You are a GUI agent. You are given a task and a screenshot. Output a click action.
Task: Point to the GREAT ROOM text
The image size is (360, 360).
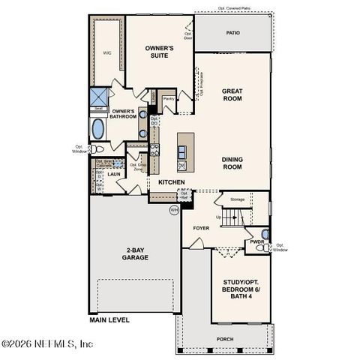click(x=232, y=94)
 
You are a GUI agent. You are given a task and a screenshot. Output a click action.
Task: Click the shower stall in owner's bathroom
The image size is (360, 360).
click(x=99, y=98)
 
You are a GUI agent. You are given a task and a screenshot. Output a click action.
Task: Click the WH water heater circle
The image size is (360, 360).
click(x=174, y=209)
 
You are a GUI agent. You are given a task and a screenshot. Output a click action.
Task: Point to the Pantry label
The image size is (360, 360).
click(x=169, y=97)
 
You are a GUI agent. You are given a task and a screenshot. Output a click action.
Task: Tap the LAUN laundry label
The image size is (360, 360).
click(x=114, y=174)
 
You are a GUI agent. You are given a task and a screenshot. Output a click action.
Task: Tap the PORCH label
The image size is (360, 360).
click(x=225, y=339)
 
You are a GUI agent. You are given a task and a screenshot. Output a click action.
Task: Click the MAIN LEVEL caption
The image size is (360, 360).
click(x=109, y=319)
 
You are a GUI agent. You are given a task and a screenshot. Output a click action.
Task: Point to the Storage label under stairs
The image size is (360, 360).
click(x=237, y=199)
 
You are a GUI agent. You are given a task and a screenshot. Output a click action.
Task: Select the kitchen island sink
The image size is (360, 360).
click(x=182, y=165)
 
